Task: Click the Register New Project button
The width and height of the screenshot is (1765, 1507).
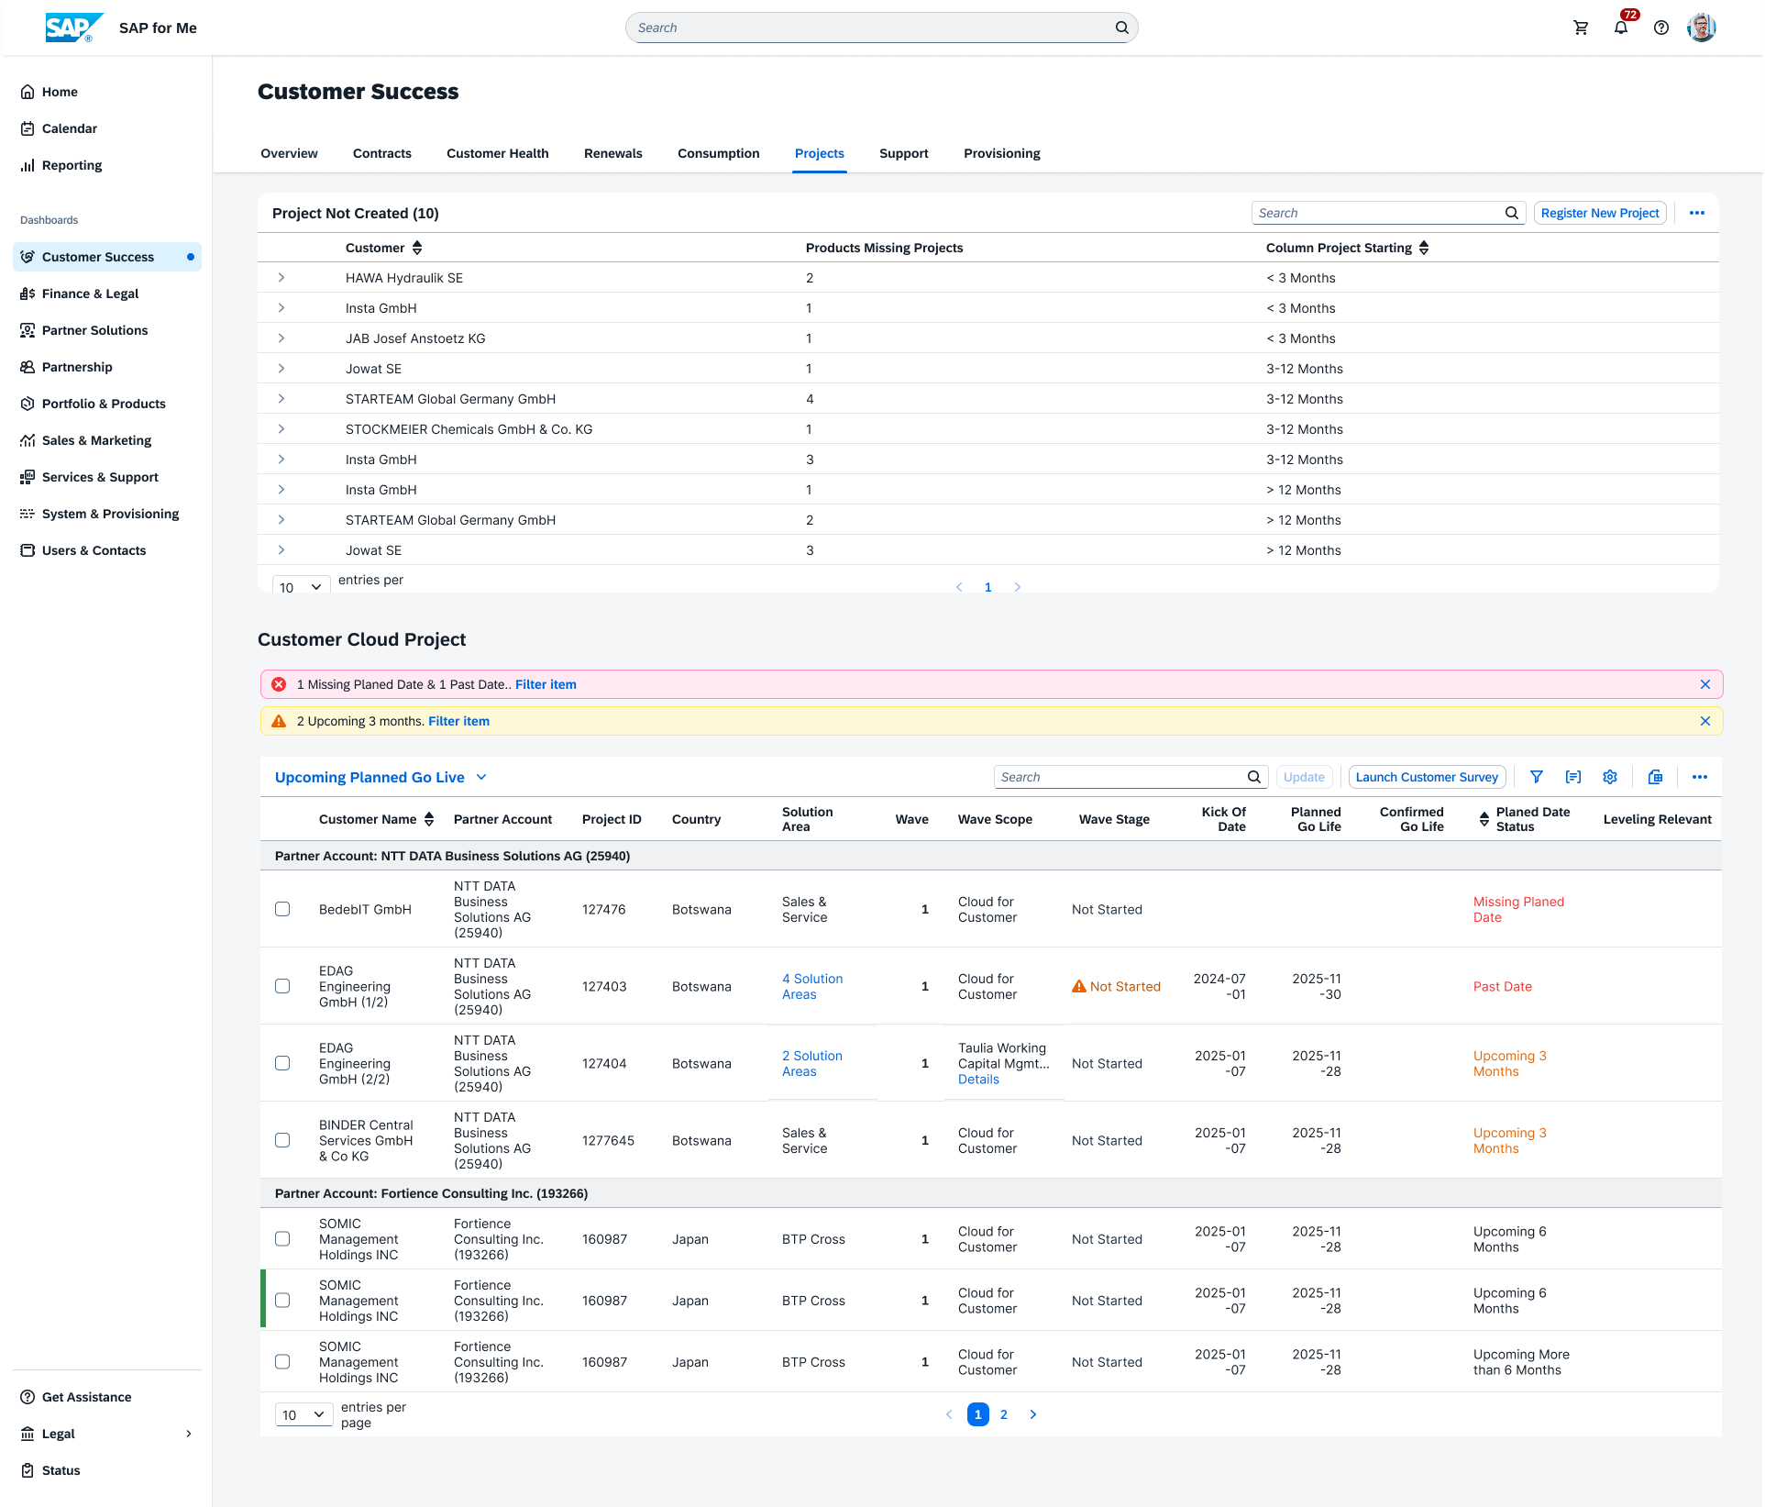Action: pos(1600,213)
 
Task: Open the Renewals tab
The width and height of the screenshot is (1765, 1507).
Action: pos(612,153)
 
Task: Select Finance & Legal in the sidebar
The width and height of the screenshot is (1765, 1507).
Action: pos(90,294)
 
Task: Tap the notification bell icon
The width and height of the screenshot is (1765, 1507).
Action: pos(1621,28)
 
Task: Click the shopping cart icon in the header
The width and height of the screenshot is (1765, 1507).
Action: pos(1581,28)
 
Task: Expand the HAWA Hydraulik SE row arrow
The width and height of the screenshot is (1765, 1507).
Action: pos(281,277)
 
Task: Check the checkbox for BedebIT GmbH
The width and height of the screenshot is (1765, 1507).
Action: pos(282,909)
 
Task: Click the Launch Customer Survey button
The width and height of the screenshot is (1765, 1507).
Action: pos(1427,777)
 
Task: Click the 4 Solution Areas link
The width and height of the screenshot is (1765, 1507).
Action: pos(812,987)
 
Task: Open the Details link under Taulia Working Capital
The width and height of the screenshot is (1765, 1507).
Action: pos(978,1080)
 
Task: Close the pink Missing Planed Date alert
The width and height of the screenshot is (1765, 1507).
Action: pos(1705,684)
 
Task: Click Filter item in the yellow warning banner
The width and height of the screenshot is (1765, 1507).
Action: pos(458,721)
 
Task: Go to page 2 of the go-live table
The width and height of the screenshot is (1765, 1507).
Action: pos(1004,1414)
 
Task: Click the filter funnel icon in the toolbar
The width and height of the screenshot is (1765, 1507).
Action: pos(1537,777)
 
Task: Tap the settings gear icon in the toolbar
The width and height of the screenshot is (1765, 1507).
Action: pos(1610,777)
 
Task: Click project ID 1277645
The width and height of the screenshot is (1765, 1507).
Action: pos(608,1140)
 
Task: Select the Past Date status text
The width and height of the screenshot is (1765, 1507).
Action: pos(1502,987)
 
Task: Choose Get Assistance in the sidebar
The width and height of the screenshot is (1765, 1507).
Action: pos(86,1397)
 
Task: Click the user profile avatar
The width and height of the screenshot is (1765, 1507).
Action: pos(1702,28)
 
